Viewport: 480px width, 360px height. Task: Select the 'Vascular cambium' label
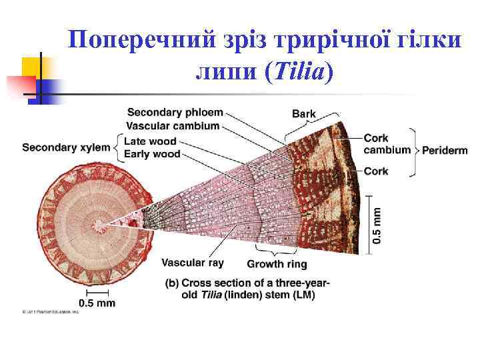(173, 126)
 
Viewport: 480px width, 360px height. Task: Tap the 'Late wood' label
(150, 141)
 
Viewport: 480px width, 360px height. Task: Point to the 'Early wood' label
(152, 154)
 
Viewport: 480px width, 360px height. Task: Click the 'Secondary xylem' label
(66, 147)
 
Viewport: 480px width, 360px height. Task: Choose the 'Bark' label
(304, 113)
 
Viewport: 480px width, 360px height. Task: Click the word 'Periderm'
(445, 151)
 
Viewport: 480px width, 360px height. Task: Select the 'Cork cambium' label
(387, 144)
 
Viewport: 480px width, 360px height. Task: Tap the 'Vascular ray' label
(193, 263)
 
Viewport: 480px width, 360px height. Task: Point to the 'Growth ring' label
(277, 264)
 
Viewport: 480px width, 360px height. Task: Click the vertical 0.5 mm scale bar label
(377, 224)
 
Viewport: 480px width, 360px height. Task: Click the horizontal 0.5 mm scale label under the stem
(97, 303)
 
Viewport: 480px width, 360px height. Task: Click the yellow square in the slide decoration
(33, 67)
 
